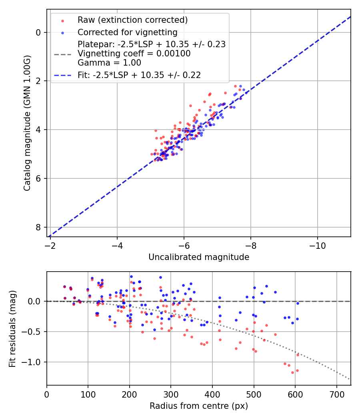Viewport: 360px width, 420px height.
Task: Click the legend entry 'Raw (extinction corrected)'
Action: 132,20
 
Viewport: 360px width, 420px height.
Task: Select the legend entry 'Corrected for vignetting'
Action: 127,32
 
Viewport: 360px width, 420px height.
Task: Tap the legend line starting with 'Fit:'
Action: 139,75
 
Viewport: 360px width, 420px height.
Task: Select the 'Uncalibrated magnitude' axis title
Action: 199,257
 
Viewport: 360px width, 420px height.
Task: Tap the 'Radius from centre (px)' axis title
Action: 199,406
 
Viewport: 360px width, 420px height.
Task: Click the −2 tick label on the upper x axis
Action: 50,244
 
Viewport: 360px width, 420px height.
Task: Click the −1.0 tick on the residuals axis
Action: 35,362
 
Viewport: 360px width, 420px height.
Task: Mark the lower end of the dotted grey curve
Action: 350,379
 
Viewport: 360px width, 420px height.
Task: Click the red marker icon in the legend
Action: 62,20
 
